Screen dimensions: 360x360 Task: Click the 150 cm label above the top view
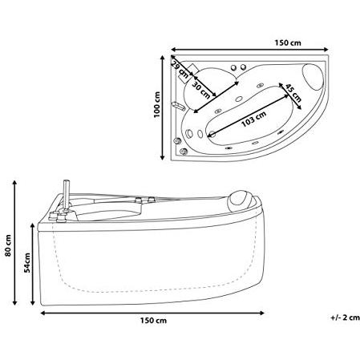tap(288, 42)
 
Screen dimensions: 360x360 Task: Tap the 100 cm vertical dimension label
tap(157, 104)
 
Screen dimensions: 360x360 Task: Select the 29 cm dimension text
tap(180, 69)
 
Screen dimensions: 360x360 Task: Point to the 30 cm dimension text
tap(201, 90)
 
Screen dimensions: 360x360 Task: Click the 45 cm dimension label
tap(293, 93)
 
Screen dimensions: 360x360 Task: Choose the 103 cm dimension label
tap(254, 119)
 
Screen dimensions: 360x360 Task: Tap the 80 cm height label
tap(8, 245)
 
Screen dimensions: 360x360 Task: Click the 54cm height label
tap(27, 262)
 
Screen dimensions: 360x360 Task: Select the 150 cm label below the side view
tap(153, 321)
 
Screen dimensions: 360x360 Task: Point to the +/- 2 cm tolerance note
tap(345, 318)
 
